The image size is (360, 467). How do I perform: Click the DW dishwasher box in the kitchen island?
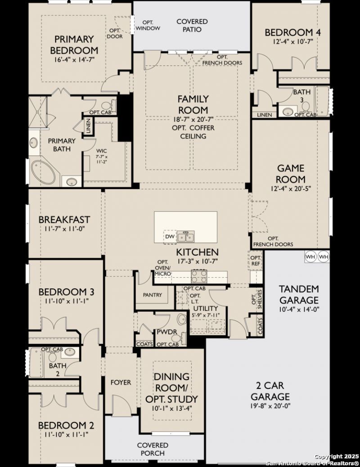point(170,237)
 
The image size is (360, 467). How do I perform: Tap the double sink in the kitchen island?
point(185,237)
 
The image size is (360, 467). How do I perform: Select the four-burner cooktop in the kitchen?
point(199,276)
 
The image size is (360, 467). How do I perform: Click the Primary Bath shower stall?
point(38,112)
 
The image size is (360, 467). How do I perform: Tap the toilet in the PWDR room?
point(178,338)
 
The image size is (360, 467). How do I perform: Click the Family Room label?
point(193,104)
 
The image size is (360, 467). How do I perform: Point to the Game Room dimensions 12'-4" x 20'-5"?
point(291,189)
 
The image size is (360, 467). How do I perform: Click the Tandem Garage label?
point(299,294)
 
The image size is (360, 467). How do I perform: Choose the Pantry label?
point(152,295)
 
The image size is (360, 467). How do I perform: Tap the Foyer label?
point(121,382)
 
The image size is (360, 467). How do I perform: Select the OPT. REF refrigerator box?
point(256,260)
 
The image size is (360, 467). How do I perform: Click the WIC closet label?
point(102,151)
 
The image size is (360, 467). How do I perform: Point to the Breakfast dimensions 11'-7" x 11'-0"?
point(64,229)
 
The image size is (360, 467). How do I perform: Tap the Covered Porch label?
point(153,449)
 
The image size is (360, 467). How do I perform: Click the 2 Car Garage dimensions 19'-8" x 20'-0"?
point(270,405)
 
